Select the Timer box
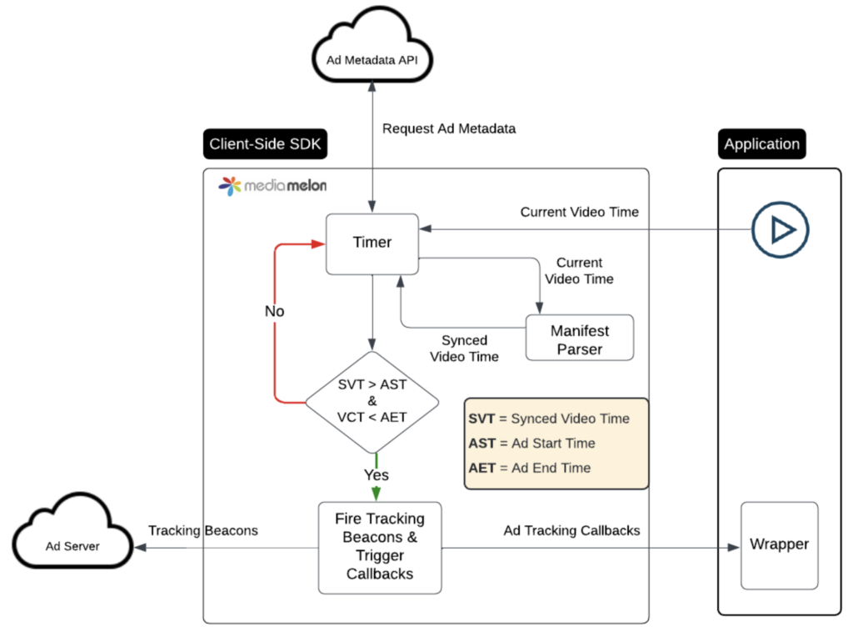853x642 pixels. (x=372, y=243)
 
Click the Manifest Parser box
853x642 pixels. (x=579, y=338)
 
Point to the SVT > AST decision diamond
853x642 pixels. (x=372, y=402)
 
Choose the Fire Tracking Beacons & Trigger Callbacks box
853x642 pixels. (x=380, y=546)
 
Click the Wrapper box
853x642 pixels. (x=779, y=544)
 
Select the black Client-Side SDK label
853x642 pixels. (x=266, y=144)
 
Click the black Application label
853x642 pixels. (x=761, y=144)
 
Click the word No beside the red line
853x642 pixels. (x=274, y=311)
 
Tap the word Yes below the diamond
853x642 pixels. (x=377, y=474)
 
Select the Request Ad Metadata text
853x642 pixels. (x=449, y=128)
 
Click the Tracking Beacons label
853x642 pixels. (x=203, y=530)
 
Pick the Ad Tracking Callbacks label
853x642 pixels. (x=571, y=530)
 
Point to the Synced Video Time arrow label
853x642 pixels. (x=464, y=349)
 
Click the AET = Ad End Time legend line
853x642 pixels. (x=530, y=468)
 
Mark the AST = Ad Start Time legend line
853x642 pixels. (x=531, y=444)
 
